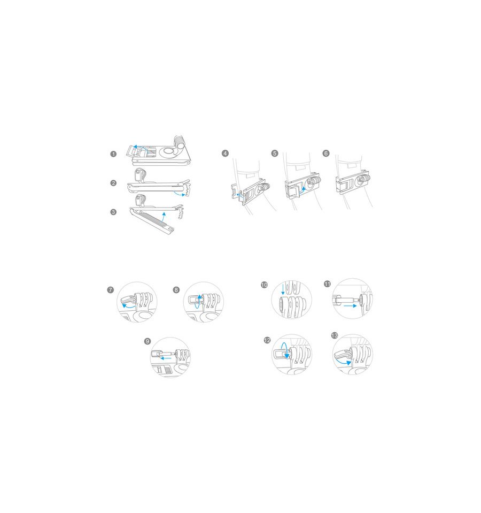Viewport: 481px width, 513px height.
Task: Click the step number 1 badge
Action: pos(113,154)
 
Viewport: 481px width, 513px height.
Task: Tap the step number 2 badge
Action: pos(113,183)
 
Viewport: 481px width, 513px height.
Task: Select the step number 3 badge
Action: pos(113,212)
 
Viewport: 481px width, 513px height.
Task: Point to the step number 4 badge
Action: pos(225,154)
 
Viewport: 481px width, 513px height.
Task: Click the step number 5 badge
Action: pos(275,154)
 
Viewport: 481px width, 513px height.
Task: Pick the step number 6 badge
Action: pos(326,154)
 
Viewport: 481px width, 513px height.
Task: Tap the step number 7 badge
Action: pos(111,290)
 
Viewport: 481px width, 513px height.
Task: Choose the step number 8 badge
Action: pos(176,290)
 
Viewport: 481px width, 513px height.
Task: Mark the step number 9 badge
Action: pos(148,342)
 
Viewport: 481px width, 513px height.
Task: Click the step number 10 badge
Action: pos(265,285)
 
